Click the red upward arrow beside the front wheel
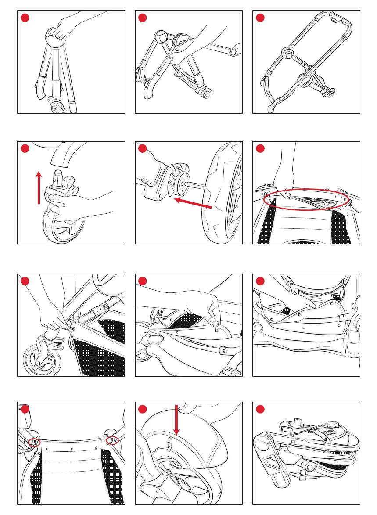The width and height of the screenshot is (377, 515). pyautogui.click(x=39, y=188)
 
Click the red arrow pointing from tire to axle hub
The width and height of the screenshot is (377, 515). pyautogui.click(x=193, y=203)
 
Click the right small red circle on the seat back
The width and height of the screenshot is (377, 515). pyautogui.click(x=112, y=438)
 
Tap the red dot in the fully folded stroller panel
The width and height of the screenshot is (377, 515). pyautogui.click(x=260, y=409)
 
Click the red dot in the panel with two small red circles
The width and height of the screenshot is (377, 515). pyautogui.click(x=25, y=409)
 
